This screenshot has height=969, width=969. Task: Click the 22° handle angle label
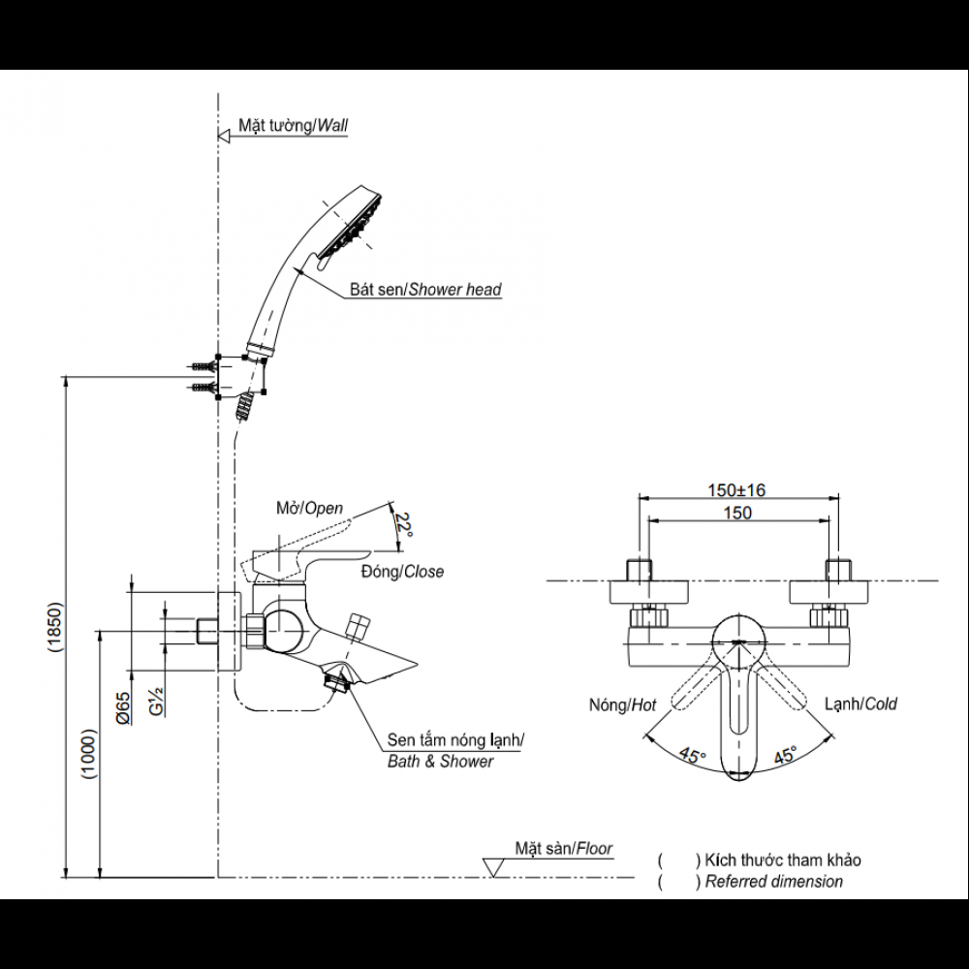403,526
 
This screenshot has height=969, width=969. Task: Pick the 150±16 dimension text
737,490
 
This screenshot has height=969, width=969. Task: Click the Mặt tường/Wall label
293,126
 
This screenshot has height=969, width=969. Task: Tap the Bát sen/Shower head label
426,289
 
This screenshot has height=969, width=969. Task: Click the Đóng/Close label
401,572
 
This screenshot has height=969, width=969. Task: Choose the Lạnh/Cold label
860,703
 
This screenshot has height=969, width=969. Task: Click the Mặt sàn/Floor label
564,849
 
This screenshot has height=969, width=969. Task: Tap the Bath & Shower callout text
441,762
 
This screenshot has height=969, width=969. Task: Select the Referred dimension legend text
773,882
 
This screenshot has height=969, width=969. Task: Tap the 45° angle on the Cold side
784,754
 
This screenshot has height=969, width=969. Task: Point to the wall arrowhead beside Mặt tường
224,136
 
